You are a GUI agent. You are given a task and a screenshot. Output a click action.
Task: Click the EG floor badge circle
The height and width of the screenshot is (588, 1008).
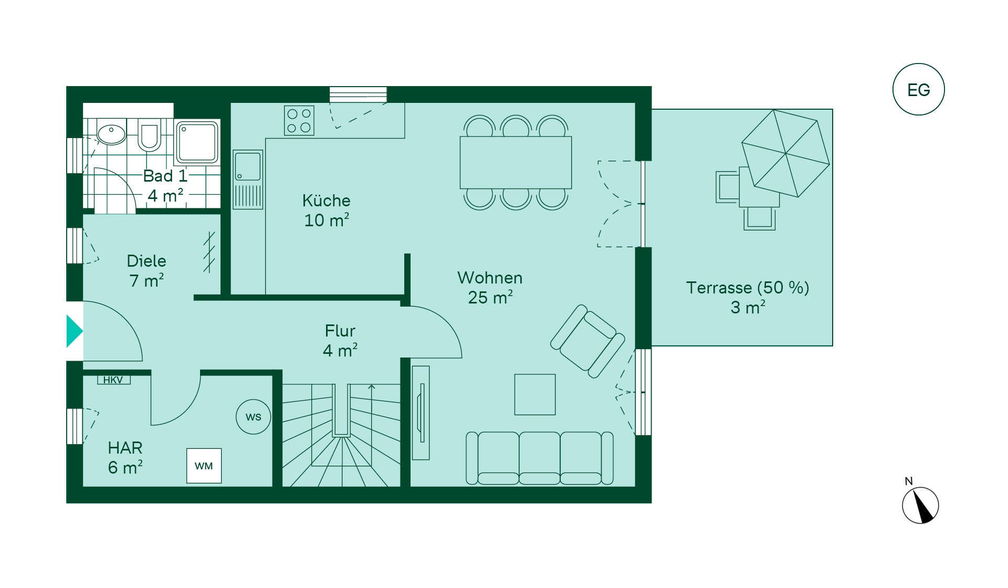pyautogui.click(x=918, y=89)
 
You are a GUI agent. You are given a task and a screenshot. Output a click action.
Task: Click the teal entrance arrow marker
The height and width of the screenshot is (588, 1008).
pyautogui.click(x=75, y=331)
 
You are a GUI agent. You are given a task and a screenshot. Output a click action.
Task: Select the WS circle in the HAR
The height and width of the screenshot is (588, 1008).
pyautogui.click(x=253, y=417)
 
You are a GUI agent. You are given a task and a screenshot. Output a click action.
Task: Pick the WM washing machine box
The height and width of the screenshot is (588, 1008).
pyautogui.click(x=204, y=466)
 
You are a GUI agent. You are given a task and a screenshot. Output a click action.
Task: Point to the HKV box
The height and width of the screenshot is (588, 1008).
pyautogui.click(x=113, y=380)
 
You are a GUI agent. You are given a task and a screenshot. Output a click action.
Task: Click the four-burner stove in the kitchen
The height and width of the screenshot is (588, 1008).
pyautogui.click(x=299, y=120)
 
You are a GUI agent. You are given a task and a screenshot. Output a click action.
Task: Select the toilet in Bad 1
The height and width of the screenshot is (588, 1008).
pyautogui.click(x=150, y=135)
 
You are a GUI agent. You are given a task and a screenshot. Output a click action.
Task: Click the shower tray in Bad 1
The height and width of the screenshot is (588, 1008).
pyautogui.click(x=197, y=142)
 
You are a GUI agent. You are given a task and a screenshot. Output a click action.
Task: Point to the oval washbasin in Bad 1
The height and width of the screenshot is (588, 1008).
pyautogui.click(x=111, y=134)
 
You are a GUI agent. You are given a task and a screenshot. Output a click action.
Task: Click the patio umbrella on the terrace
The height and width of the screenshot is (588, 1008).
pyautogui.click(x=785, y=153)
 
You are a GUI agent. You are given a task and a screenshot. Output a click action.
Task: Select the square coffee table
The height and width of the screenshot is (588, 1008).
pyautogui.click(x=535, y=394)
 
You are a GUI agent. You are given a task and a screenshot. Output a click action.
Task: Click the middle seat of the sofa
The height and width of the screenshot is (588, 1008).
pyautogui.click(x=540, y=458)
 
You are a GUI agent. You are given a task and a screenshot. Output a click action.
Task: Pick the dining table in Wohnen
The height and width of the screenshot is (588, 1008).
pyautogui.click(x=516, y=163)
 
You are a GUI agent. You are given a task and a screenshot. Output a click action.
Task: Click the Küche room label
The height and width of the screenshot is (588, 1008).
pyautogui.click(x=326, y=201)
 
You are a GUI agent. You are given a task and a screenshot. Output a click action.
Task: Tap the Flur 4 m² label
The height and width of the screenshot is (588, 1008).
pyautogui.click(x=340, y=340)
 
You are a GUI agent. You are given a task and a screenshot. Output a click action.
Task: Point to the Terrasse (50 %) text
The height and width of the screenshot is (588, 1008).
pyautogui.click(x=748, y=288)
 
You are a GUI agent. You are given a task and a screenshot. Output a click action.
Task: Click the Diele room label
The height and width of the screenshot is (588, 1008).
pyautogui.click(x=146, y=261)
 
